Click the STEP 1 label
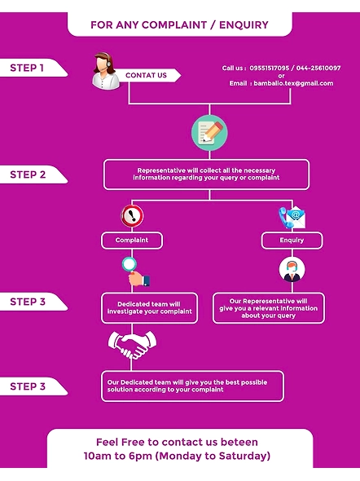[27, 68]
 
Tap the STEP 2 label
[28, 174]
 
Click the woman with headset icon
[105, 71]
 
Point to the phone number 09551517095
[270, 68]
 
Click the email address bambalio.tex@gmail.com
[293, 83]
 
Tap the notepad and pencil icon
[209, 133]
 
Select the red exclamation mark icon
[132, 216]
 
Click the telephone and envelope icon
[292, 217]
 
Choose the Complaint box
[132, 240]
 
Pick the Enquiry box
[292, 240]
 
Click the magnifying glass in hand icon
[136, 271]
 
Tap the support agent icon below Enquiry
[292, 270]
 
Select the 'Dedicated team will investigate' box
[150, 308]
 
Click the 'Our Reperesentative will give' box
[269, 308]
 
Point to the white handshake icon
[132, 345]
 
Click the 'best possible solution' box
[192, 386]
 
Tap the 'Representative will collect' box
[206, 174]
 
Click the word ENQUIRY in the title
[244, 24]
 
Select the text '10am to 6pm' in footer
[118, 456]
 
